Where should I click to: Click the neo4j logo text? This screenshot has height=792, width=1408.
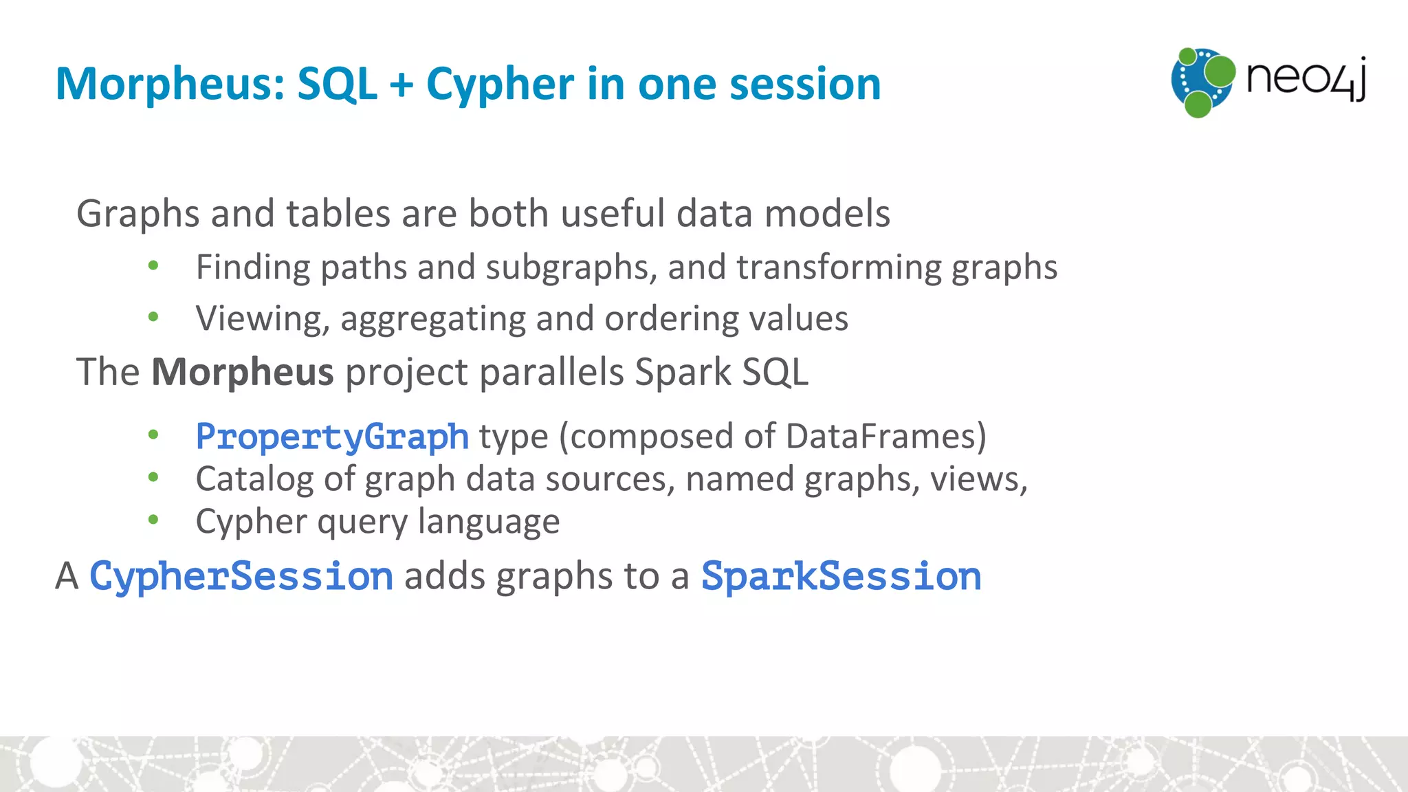coord(1305,78)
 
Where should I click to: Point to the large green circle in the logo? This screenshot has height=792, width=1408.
coord(1220,71)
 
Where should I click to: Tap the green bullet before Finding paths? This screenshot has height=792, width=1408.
coord(153,265)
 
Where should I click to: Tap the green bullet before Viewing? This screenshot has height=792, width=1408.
coord(153,317)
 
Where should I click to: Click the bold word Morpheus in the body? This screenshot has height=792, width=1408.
coord(242,372)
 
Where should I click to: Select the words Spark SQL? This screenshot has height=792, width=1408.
coord(721,372)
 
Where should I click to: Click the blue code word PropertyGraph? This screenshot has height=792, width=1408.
coord(332,437)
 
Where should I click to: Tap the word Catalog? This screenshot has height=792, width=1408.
coord(254,479)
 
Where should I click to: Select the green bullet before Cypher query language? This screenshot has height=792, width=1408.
coord(153,520)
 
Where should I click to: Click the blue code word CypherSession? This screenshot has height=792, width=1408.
coord(241,576)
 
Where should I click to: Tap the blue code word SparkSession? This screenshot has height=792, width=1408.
coord(841,576)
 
